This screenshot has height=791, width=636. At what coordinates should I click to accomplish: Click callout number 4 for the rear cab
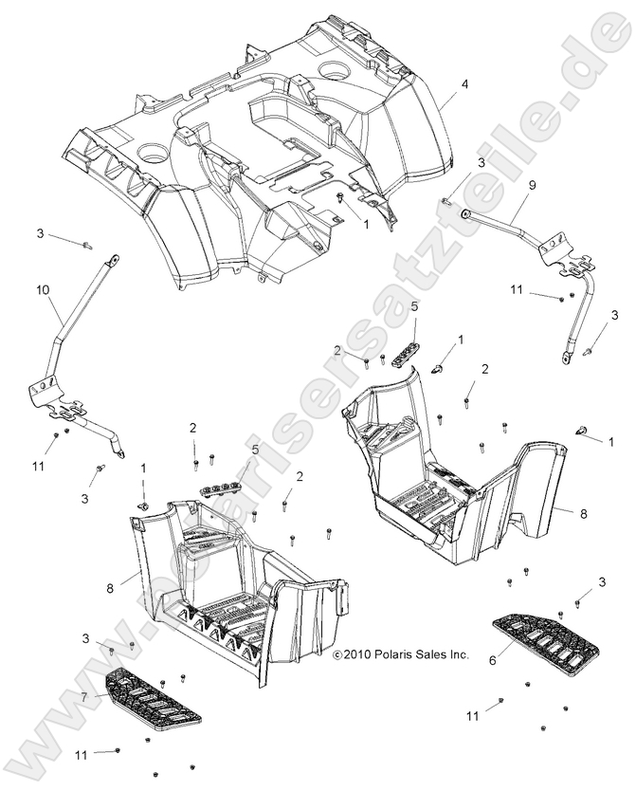click(x=464, y=85)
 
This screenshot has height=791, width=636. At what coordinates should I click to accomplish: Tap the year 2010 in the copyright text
click(x=353, y=654)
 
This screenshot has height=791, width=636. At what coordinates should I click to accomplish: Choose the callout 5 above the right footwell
click(x=413, y=306)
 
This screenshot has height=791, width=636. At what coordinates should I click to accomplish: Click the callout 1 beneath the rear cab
click(x=367, y=224)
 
